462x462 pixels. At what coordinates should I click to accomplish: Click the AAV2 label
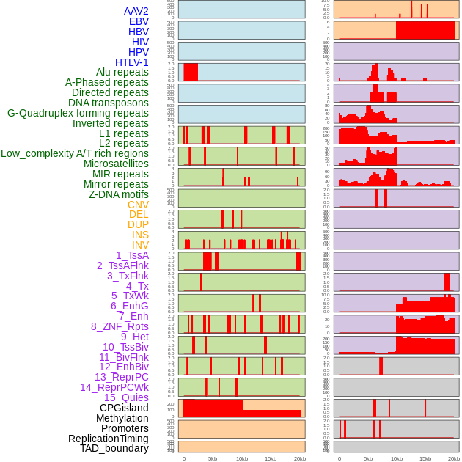pyautogui.click(x=136, y=11)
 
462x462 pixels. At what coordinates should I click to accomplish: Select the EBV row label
pyautogui.click(x=138, y=21)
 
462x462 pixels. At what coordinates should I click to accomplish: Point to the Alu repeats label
pyautogui.click(x=122, y=72)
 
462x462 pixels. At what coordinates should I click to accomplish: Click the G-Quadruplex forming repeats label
pyautogui.click(x=78, y=113)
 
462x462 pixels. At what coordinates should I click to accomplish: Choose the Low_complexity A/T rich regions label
pyautogui.click(x=75, y=153)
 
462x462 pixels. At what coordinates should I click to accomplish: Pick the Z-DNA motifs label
pyautogui.click(x=118, y=194)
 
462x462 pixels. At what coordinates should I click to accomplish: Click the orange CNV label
pyautogui.click(x=138, y=205)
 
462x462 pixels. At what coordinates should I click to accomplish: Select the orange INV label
pyautogui.click(x=140, y=245)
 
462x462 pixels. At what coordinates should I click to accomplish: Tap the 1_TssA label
pyautogui.click(x=132, y=255)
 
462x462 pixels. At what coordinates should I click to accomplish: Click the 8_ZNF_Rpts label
pyautogui.click(x=120, y=326)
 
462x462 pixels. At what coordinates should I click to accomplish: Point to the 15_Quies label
pyautogui.click(x=126, y=397)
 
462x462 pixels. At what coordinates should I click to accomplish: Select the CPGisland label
pyautogui.click(x=124, y=408)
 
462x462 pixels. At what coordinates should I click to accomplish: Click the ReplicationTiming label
pyautogui.click(x=109, y=439)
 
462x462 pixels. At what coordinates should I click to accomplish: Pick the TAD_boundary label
pyautogui.click(x=114, y=448)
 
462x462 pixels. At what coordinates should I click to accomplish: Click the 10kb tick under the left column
pyautogui.click(x=242, y=458)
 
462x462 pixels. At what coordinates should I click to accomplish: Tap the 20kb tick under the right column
pyautogui.click(x=454, y=458)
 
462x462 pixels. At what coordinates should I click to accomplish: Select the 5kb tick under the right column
pyautogui.click(x=368, y=458)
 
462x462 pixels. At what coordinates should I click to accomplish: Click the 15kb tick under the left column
pyautogui.click(x=271, y=458)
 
